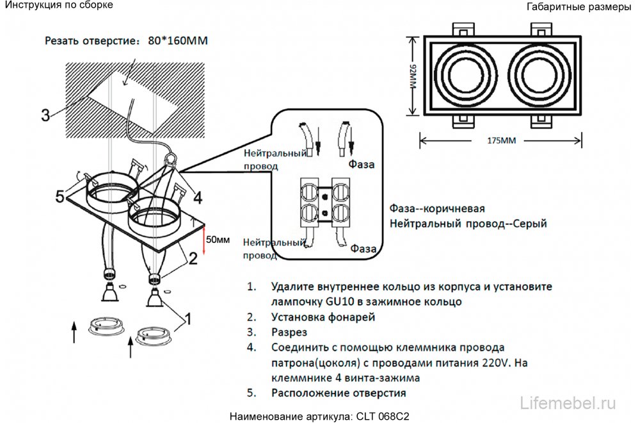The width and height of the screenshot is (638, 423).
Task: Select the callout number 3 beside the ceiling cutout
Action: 45,115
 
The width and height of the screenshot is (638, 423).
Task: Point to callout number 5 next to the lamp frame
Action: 60,197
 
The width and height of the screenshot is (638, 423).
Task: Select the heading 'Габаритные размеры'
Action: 578,8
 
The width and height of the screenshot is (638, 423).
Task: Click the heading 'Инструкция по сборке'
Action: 59,5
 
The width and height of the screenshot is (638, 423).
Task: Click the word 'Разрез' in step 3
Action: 289,333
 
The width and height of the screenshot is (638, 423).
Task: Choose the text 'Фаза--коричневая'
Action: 436,210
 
